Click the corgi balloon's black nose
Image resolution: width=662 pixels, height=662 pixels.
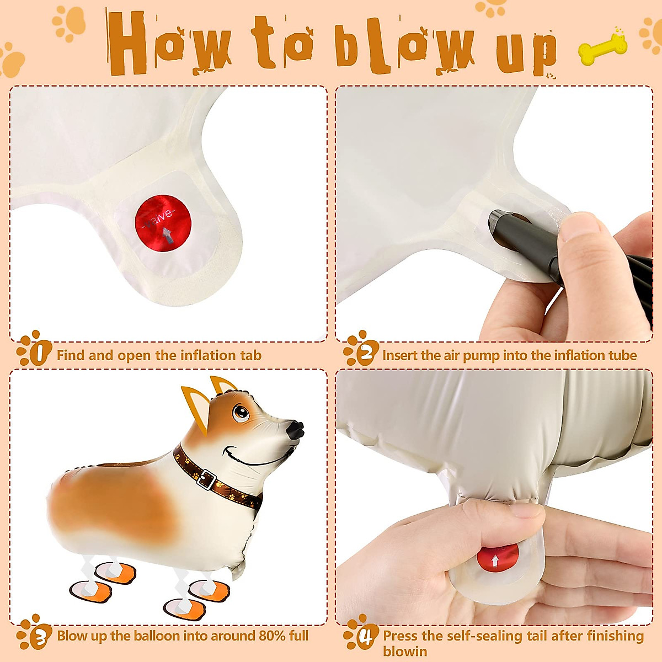pos(296,430)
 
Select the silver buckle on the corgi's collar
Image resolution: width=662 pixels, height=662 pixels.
pos(207,479)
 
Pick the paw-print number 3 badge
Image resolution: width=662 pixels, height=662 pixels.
pos(34,632)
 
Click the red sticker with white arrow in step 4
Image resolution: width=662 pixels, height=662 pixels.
pos(496,558)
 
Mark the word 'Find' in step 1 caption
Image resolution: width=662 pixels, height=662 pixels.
pos(71,355)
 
